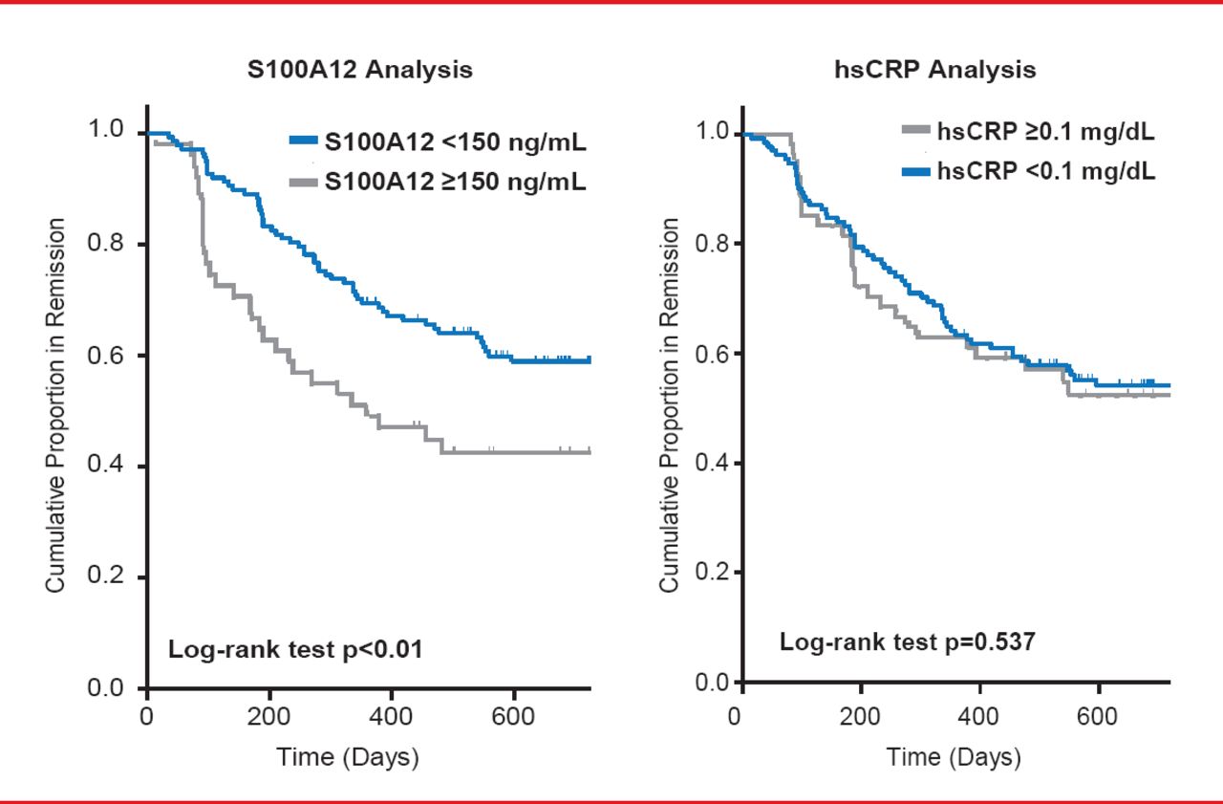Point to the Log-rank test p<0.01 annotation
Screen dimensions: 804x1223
tap(295, 650)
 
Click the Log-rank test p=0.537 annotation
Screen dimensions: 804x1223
tap(907, 641)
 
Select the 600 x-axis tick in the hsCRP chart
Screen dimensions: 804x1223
tap(1099, 716)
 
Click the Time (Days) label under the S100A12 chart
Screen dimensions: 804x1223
tap(348, 758)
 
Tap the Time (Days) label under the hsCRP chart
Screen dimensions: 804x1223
tap(954, 758)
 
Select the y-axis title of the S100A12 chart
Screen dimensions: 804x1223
tap(57, 405)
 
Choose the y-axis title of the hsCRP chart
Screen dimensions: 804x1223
tap(671, 405)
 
